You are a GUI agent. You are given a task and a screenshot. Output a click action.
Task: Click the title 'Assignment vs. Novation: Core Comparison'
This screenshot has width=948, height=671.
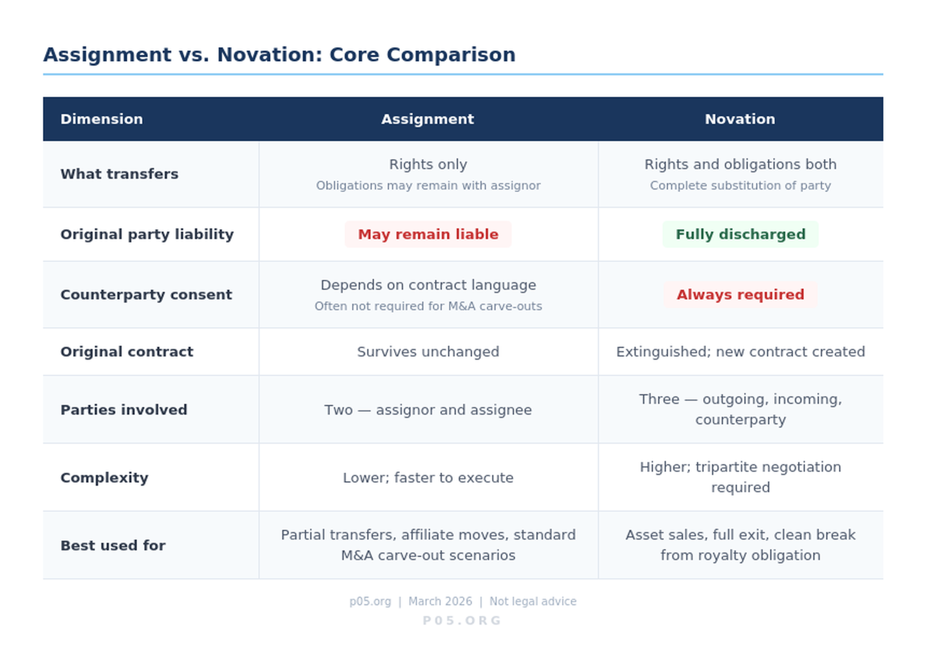point(279,55)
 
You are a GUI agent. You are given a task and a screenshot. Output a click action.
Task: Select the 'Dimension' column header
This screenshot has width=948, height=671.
point(102,119)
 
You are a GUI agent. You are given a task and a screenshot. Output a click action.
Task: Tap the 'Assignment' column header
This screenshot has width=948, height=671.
point(428,119)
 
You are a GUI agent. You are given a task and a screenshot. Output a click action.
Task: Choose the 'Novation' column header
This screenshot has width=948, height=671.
point(740,119)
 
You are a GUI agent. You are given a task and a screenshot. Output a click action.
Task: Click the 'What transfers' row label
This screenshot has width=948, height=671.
point(119,174)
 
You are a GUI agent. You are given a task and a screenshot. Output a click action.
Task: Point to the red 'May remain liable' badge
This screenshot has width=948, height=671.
point(428,234)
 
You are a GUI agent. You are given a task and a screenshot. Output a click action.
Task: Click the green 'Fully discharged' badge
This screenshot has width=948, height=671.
point(741,234)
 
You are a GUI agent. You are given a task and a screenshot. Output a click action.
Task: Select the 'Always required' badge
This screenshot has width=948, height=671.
point(741,295)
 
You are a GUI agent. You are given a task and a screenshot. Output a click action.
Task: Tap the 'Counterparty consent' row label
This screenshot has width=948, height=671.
point(147,295)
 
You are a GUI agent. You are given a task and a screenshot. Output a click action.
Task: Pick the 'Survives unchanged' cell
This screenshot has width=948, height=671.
point(428,352)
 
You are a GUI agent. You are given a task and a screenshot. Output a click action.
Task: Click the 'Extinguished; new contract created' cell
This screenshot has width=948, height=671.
point(741,352)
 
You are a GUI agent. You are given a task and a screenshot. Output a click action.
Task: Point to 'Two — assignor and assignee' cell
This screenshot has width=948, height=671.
point(428,410)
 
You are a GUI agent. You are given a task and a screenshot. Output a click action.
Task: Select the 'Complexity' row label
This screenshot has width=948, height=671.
point(104,478)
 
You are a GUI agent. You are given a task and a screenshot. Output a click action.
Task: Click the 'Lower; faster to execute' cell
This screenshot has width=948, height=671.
point(428,478)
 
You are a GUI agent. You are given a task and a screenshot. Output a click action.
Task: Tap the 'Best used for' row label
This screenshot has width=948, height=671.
point(113,546)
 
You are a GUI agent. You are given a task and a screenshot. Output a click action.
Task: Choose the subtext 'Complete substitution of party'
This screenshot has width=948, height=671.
point(741,185)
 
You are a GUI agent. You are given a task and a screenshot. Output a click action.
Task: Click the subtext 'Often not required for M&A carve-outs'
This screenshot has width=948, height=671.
point(428,306)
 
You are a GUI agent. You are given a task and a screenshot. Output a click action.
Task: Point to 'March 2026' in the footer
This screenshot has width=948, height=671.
point(440,602)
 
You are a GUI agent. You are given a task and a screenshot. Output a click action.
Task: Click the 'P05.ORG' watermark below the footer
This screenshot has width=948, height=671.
point(462,621)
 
